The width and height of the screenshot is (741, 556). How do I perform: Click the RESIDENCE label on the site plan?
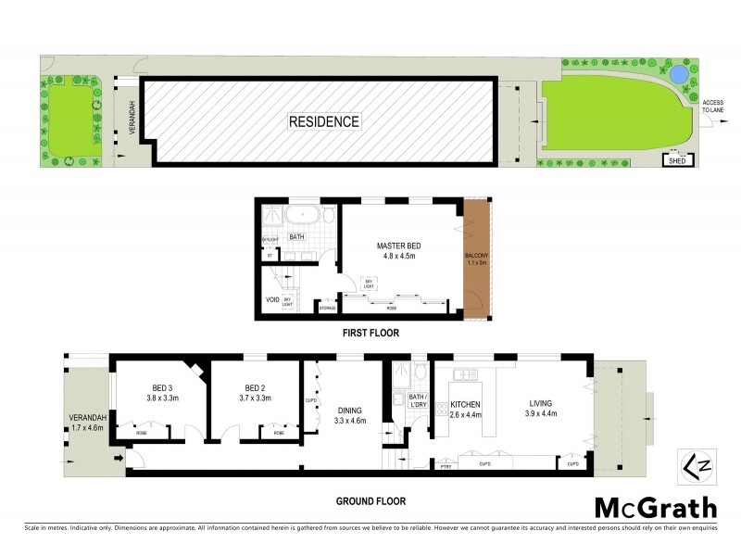click(x=323, y=121)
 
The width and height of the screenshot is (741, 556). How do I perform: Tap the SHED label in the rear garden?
click(x=677, y=161)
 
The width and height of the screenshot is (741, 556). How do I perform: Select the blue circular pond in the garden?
click(x=679, y=73)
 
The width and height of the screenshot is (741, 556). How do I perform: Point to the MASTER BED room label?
click(x=399, y=250)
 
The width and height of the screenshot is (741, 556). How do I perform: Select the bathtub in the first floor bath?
click(x=303, y=218)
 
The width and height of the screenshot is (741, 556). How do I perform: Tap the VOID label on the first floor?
click(x=272, y=300)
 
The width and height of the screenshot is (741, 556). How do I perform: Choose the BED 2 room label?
click(x=257, y=393)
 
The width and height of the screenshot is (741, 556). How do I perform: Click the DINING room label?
click(x=349, y=415)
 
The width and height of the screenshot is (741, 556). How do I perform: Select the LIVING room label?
click(x=540, y=409)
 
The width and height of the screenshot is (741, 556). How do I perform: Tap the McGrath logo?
click(x=655, y=508)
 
